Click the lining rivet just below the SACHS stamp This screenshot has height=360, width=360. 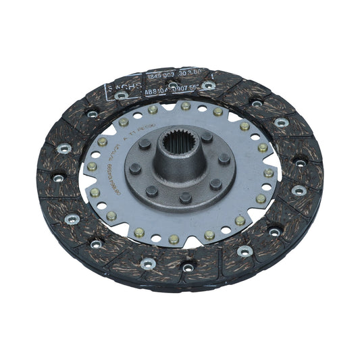122,96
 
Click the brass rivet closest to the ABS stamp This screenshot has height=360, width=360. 153,109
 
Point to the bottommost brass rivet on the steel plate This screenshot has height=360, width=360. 174,238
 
